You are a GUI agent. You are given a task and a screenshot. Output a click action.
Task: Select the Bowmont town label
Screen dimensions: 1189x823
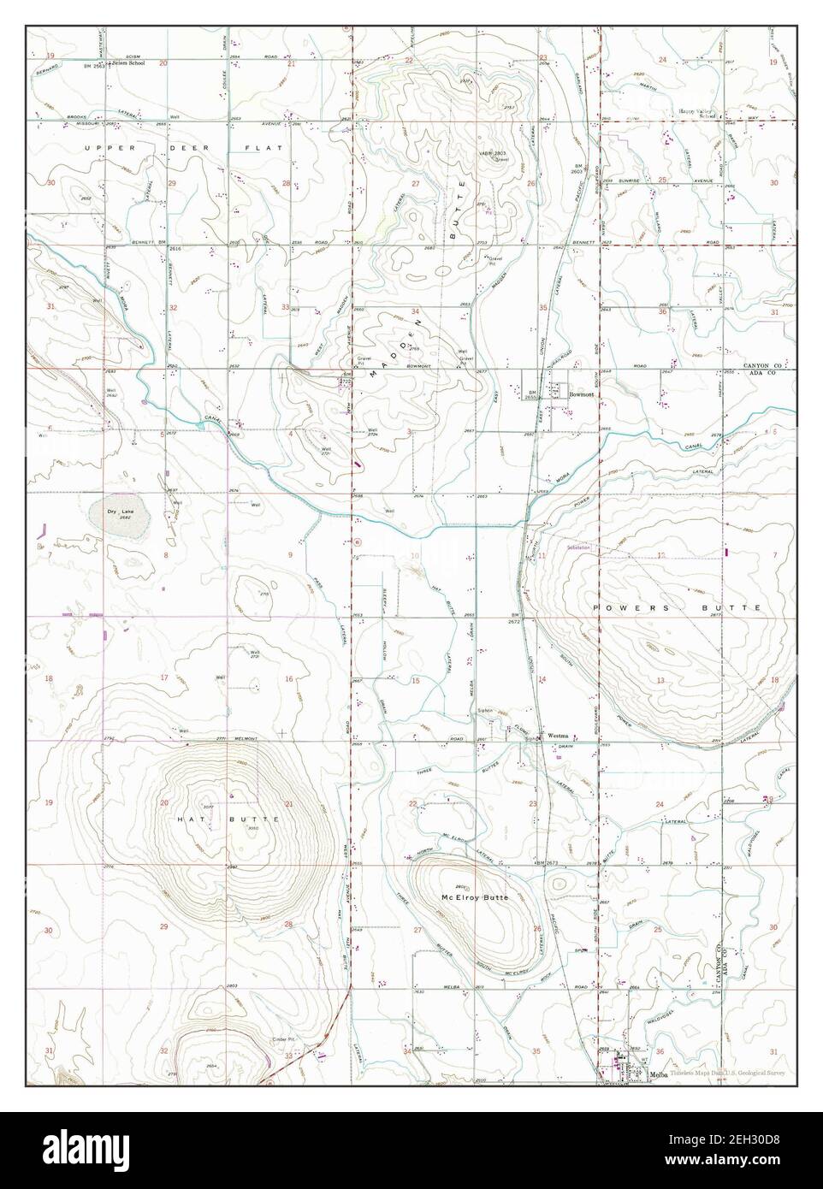(x=582, y=394)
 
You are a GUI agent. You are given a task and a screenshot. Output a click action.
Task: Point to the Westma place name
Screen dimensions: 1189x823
(x=559, y=735)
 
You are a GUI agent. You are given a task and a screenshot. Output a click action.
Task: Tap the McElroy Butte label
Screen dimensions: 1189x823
(x=475, y=898)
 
